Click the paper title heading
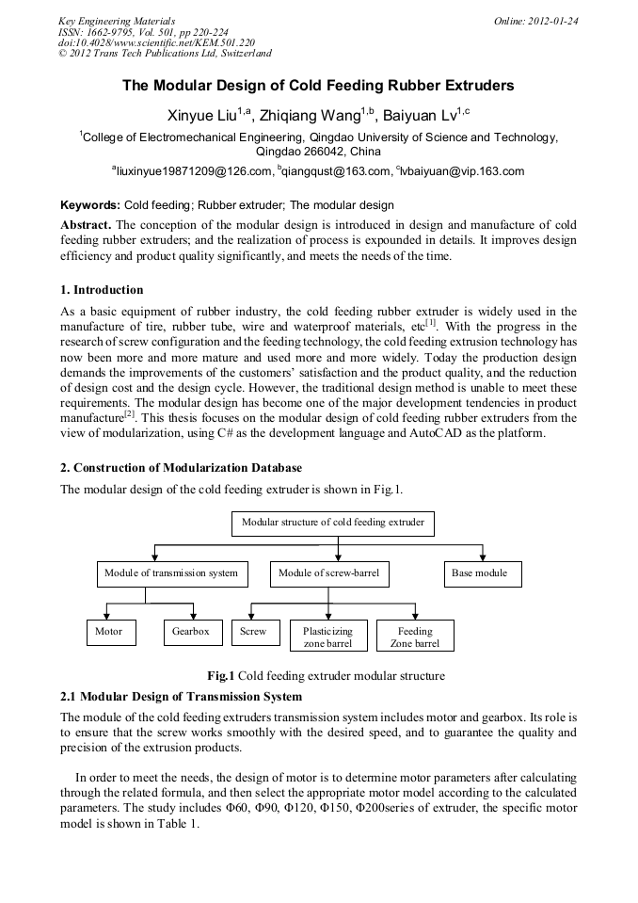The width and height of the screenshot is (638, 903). (x=318, y=86)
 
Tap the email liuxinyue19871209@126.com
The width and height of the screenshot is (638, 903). (x=192, y=171)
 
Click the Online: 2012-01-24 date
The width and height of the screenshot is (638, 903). (x=535, y=20)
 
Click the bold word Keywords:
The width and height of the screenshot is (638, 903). (x=90, y=204)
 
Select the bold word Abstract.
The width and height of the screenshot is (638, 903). (x=86, y=224)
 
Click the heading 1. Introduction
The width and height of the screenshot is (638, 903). (x=102, y=289)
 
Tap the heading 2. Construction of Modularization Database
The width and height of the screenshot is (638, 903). (x=181, y=468)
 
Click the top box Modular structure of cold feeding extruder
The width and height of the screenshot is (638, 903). (x=333, y=522)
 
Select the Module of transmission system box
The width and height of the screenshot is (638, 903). (x=171, y=572)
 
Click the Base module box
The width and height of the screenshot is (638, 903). (x=481, y=572)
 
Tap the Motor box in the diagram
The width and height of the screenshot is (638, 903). (x=108, y=631)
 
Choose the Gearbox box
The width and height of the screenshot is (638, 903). (x=191, y=631)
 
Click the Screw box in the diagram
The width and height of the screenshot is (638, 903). (x=253, y=631)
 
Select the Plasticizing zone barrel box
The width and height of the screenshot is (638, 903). (x=327, y=637)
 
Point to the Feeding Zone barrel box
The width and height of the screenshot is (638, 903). (x=415, y=637)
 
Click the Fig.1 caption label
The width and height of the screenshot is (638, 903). (x=221, y=675)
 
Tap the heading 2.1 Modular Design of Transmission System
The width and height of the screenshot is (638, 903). (x=181, y=697)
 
